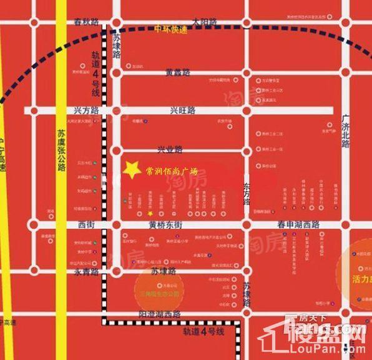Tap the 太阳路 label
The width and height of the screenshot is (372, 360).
click(205, 21)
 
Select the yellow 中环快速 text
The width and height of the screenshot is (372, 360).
click(170, 29)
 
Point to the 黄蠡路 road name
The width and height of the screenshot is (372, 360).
click(178, 72)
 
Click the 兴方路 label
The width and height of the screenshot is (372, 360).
click(87, 110)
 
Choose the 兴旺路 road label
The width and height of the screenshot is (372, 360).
click(183, 110)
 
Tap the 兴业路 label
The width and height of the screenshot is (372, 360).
click(169, 149)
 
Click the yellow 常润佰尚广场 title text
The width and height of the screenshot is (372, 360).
click(171, 170)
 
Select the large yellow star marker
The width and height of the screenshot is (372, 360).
click(131, 169)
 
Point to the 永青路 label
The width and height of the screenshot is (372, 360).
click(87, 272)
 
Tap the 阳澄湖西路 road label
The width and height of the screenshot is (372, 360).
click(159, 314)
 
